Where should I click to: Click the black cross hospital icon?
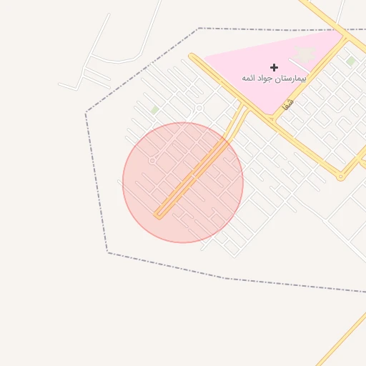274,67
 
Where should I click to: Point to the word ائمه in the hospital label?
249,77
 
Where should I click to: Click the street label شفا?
287,104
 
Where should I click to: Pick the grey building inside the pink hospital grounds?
305,54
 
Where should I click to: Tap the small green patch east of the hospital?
350,61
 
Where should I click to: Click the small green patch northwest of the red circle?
155,110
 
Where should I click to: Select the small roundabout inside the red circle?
152,161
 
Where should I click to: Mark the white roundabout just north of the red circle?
199,109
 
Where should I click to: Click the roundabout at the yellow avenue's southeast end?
341,176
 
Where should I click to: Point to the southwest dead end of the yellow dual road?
157,214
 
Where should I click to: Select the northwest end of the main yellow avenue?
192,55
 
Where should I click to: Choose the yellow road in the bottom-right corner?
343,339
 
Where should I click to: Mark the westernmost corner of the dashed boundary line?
86,113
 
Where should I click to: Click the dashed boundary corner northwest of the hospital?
199,29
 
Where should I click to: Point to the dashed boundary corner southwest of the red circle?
107,252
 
